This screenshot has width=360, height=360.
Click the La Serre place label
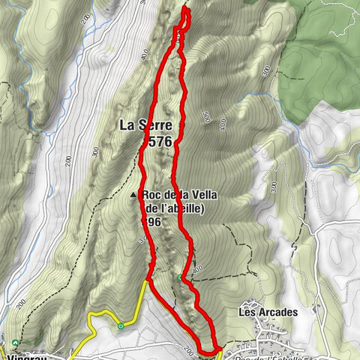pyautogui.click(x=145, y=125)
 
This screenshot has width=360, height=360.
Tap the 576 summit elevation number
pyautogui.click(x=160, y=140)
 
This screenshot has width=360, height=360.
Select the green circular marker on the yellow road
pyautogui.click(x=121, y=325)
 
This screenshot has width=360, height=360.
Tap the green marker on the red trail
pyautogui.click(x=180, y=278)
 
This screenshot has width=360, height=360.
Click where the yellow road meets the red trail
pyautogui.click(x=147, y=280)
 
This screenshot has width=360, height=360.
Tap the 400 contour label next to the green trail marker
pyautogui.click(x=196, y=268)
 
